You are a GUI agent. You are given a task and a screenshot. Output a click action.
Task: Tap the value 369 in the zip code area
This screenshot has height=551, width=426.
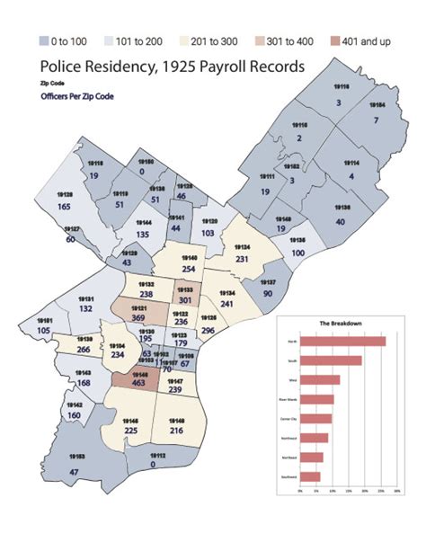(x=139, y=317)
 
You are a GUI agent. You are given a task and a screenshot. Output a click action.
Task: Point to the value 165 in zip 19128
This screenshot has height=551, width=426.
(x=65, y=207)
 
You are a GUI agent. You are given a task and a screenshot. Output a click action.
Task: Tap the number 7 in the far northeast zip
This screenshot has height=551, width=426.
(x=378, y=120)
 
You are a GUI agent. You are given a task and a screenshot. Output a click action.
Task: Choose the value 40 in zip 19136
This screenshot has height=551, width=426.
(x=341, y=221)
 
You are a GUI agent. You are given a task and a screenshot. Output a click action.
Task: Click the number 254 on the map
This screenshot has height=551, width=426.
(x=189, y=269)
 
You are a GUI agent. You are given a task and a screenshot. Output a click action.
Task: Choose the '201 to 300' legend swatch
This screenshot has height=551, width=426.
(x=194, y=40)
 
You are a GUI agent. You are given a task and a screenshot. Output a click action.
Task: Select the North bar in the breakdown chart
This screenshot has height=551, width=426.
(x=342, y=341)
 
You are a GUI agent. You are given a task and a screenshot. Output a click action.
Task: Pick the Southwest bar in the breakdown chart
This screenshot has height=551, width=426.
(x=309, y=476)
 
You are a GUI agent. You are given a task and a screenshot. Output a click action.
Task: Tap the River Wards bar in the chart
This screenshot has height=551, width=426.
(x=316, y=399)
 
